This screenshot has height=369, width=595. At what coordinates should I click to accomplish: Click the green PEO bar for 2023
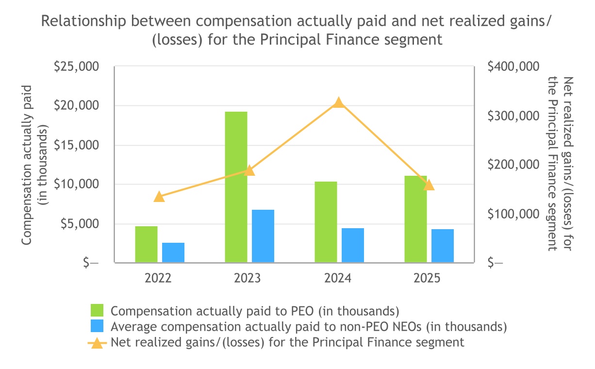click(x=236, y=187)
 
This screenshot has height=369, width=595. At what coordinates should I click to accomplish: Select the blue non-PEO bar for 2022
click(x=173, y=252)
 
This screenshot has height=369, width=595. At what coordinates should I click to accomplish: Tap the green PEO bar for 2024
click(x=326, y=222)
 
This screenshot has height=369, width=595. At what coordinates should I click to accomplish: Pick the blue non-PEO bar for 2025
click(x=442, y=246)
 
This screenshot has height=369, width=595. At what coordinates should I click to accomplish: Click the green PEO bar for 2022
click(x=146, y=244)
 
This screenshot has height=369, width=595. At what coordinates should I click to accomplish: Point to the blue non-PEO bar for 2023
click(x=263, y=236)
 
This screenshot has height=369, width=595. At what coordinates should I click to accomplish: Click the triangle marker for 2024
click(x=339, y=102)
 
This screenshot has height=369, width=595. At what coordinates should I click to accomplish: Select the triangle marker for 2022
click(x=159, y=197)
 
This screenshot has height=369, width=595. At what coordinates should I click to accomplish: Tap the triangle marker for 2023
click(x=249, y=170)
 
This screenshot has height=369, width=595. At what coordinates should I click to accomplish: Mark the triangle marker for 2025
click(x=429, y=185)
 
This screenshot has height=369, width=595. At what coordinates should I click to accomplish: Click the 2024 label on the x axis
click(x=338, y=278)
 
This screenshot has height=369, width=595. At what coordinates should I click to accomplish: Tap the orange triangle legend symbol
click(x=98, y=343)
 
